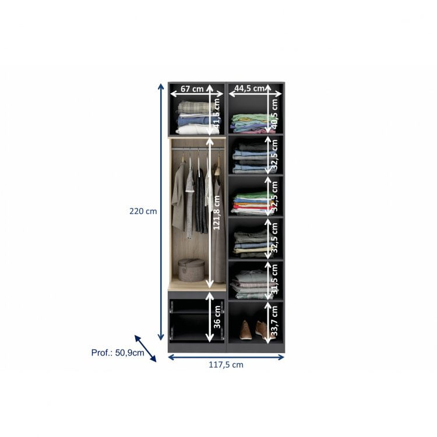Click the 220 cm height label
143,212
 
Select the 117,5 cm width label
225,365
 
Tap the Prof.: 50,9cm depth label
118,353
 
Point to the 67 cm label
192,89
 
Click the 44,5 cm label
246,89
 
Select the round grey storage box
191,270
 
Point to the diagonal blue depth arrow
146,348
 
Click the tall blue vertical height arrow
161,212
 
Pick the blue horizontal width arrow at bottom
225,357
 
